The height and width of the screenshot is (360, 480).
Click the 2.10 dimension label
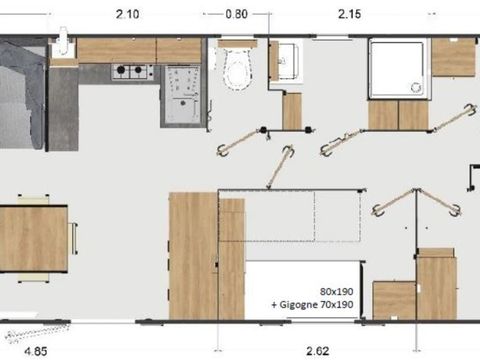click(x=127, y=14)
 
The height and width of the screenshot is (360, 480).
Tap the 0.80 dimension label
click(x=236, y=14)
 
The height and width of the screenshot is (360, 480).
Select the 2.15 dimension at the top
click(x=349, y=14)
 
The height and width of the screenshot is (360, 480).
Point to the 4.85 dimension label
click(x=36, y=351)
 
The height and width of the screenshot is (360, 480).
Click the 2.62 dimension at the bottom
click(x=318, y=351)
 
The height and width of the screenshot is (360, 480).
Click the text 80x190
click(x=336, y=292)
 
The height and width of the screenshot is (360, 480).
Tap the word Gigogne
click(x=298, y=305)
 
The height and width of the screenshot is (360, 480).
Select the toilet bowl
click(x=237, y=68)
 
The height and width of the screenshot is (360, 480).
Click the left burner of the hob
click(x=121, y=70)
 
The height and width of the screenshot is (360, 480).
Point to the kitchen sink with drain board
click(x=183, y=95)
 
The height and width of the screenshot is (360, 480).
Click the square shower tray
click(x=397, y=69)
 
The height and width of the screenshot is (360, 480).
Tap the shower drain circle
click(x=416, y=87)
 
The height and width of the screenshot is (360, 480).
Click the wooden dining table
click(x=33, y=239)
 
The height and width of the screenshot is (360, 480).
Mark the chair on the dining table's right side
click(x=73, y=238)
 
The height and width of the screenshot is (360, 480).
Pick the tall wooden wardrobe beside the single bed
click(x=193, y=256)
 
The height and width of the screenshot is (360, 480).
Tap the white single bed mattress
click(x=304, y=290)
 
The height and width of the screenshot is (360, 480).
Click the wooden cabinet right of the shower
click(x=453, y=57)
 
